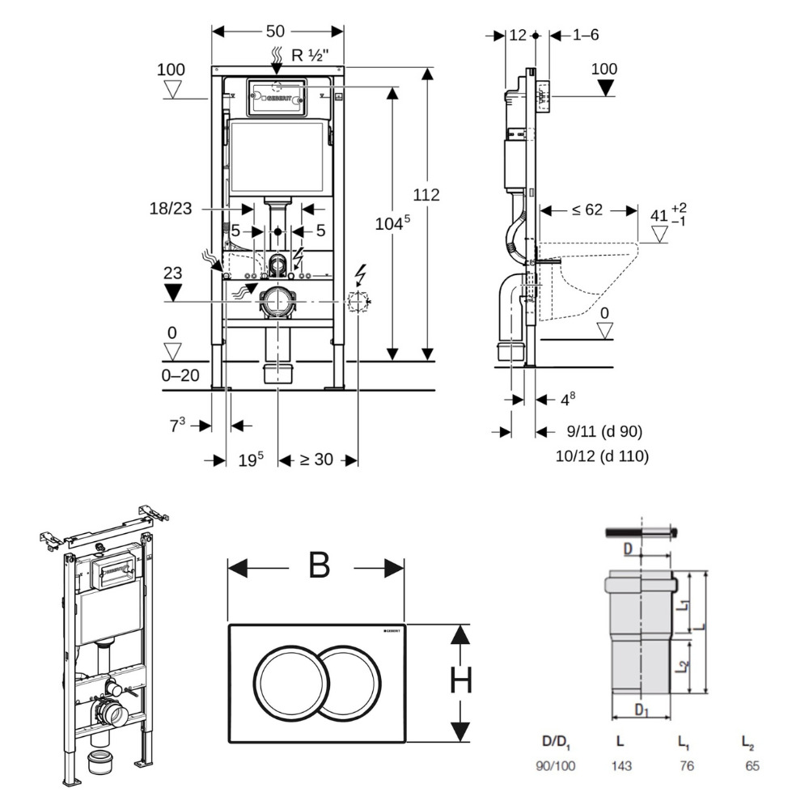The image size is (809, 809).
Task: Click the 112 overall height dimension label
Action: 426,195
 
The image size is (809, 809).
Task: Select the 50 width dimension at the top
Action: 275,32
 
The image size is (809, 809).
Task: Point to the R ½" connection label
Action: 309,56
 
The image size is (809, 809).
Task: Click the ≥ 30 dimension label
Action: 316,460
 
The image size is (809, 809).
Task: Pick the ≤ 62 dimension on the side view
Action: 587,210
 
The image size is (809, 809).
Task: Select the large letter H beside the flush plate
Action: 460,684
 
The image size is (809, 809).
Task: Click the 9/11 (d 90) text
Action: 594,431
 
